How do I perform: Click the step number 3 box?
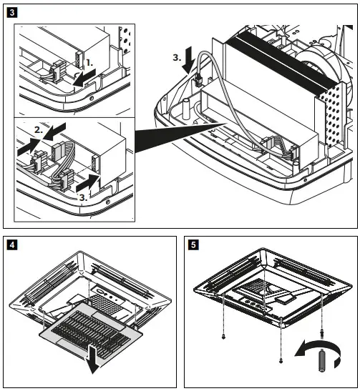coord(9,12)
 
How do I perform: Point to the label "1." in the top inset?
coord(89,62)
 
